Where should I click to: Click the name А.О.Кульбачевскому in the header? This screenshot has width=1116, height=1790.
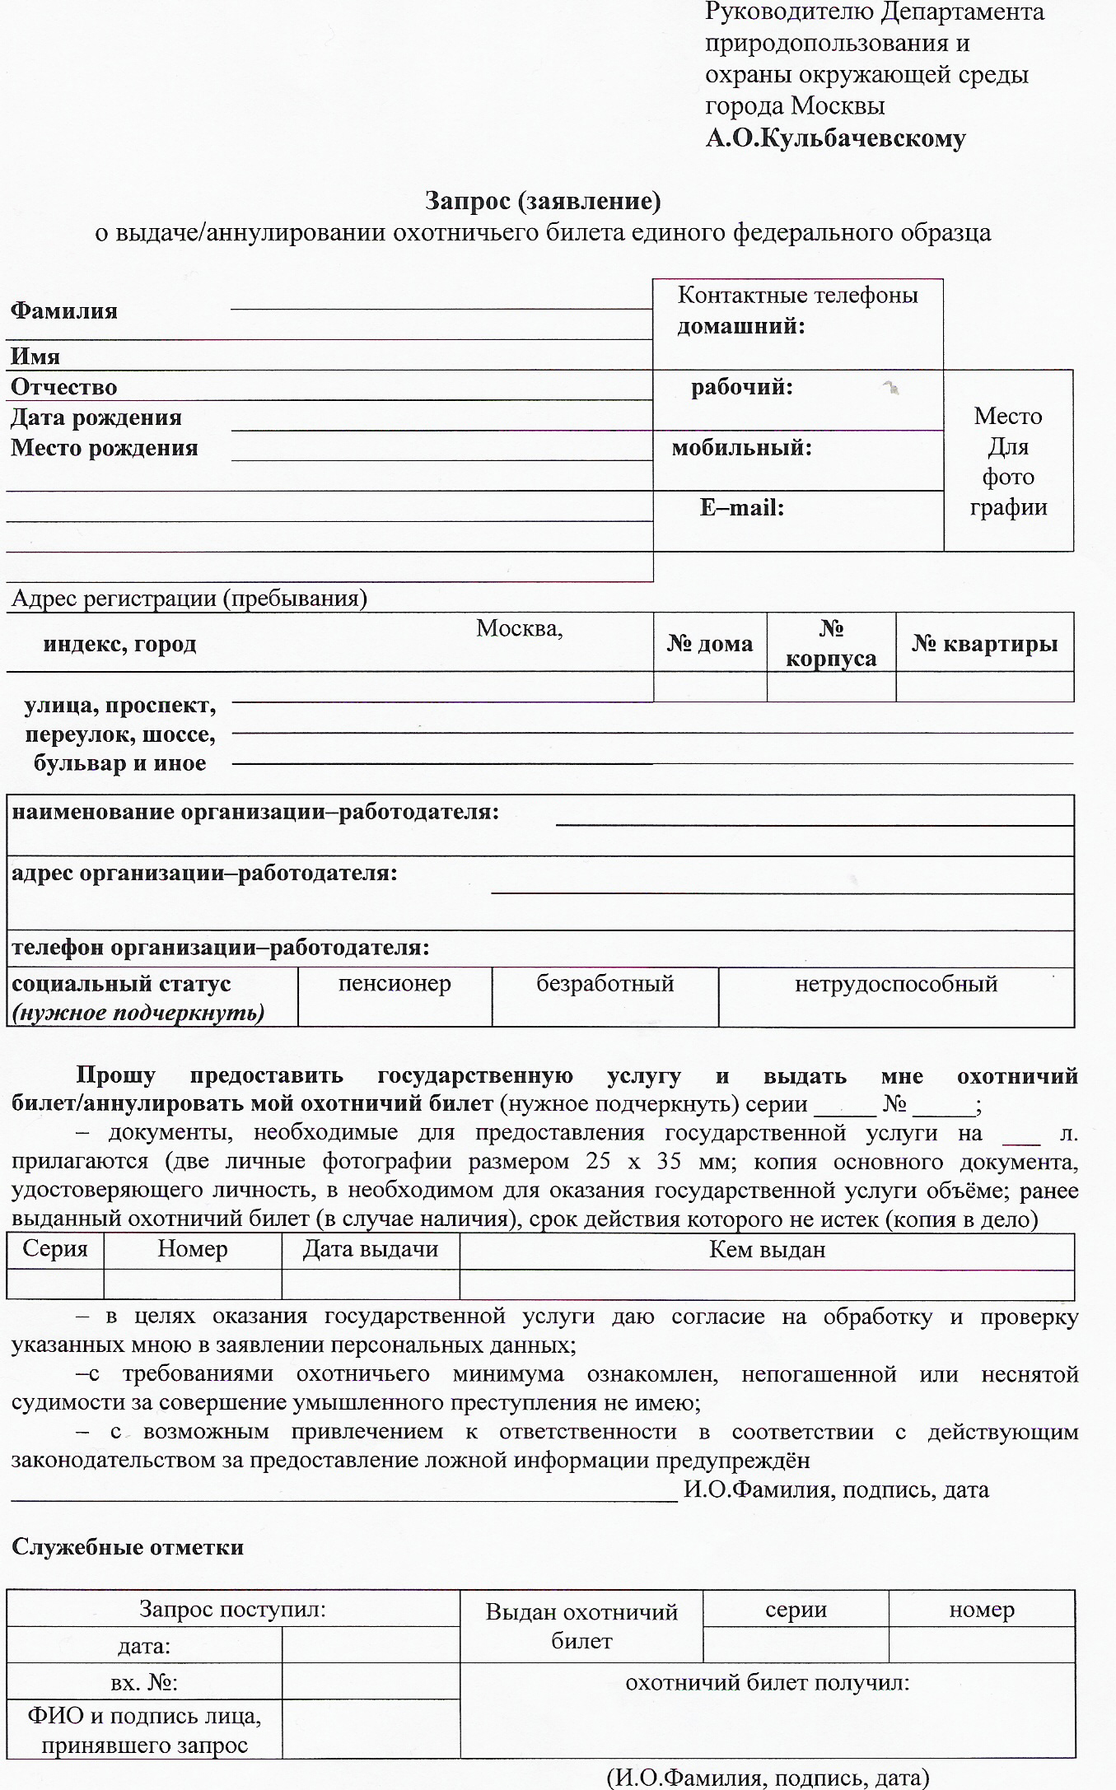point(835,138)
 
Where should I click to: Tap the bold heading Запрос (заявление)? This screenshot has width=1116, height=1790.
point(543,200)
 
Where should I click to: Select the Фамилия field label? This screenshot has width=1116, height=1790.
point(64,311)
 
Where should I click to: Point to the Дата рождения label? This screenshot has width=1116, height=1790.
point(96,417)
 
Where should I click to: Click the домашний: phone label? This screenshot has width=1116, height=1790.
point(741,326)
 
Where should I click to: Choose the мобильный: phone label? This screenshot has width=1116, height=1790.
point(741,448)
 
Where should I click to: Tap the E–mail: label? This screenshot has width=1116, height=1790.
point(741,508)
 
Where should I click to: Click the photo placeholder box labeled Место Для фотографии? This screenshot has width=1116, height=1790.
point(1008,461)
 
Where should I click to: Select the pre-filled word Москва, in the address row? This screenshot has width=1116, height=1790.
point(519,629)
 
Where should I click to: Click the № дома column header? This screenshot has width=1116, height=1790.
point(709,643)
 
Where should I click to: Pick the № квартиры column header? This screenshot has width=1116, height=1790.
point(984,643)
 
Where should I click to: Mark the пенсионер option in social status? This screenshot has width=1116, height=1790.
point(395,984)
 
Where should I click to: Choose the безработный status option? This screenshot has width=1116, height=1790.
point(605,984)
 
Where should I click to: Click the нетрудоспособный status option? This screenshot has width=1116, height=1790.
point(896,984)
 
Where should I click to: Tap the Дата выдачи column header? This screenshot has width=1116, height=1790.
point(371,1249)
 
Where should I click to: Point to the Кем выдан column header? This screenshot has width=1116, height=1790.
point(767,1250)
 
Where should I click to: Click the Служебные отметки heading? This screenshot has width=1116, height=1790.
point(128,1547)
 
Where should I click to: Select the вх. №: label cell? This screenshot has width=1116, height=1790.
point(144,1683)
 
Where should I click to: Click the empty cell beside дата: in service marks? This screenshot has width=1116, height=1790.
point(371,1645)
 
